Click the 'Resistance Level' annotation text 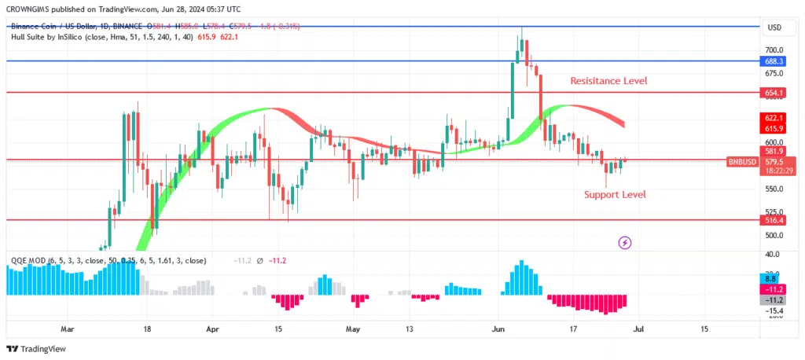point(609,81)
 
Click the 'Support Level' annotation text point(615,194)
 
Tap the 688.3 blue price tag point(774,61)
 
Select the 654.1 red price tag point(774,93)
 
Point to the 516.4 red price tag point(774,221)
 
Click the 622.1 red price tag point(774,117)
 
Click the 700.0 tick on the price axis point(774,49)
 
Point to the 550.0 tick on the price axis point(774,189)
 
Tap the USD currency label point(774,28)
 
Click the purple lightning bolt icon point(625,243)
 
